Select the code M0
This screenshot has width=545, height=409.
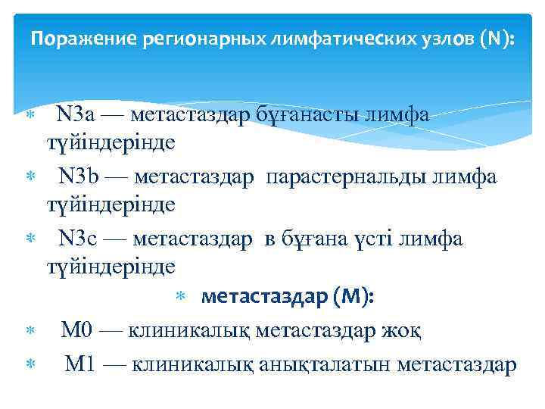tap(76, 331)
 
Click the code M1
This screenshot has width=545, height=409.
tap(79, 364)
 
